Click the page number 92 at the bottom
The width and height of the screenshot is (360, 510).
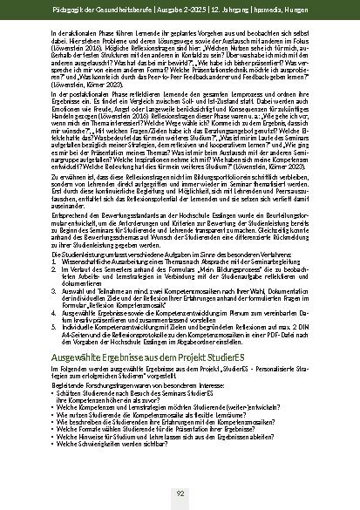point(180,493)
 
